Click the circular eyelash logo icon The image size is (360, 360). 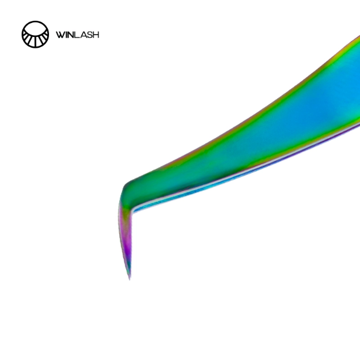[35, 35]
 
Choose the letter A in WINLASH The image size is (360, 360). [82, 35]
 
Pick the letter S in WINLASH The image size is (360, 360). [89, 35]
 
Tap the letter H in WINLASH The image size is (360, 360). [96, 35]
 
